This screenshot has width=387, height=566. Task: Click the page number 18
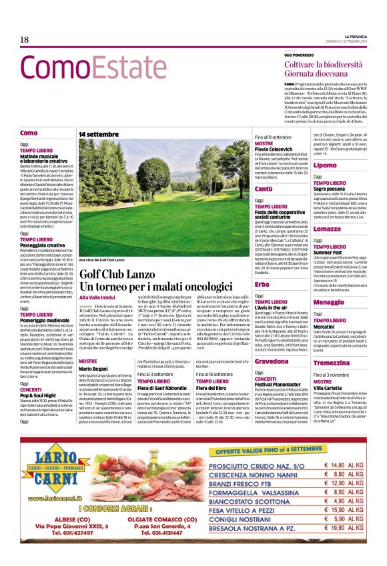point(24,39)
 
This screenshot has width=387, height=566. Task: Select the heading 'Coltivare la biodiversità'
point(325,63)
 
